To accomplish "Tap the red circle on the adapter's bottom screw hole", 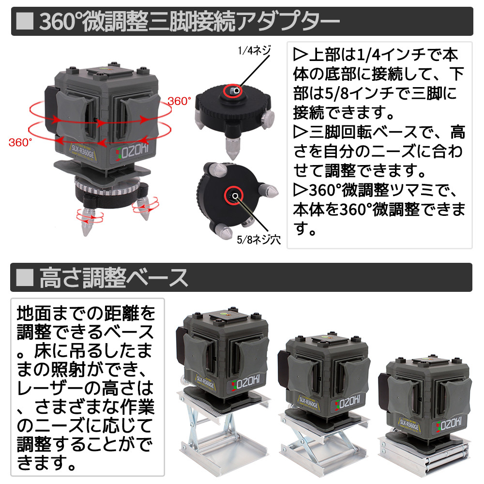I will click(x=235, y=195).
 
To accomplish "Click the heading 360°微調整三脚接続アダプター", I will click(x=189, y=22).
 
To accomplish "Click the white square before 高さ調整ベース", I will click(x=25, y=277).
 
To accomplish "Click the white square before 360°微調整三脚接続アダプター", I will click(x=25, y=22).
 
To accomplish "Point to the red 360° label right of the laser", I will click(x=180, y=102).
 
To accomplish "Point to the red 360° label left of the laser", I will click(x=20, y=142).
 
